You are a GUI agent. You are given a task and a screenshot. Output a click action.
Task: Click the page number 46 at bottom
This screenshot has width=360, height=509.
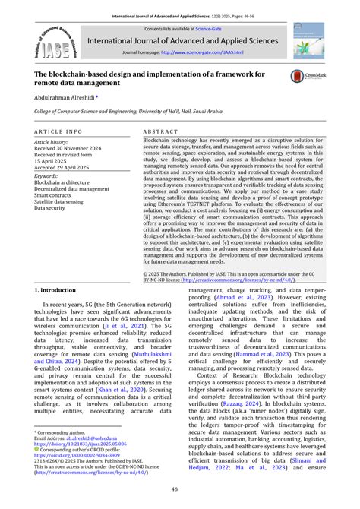180,489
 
